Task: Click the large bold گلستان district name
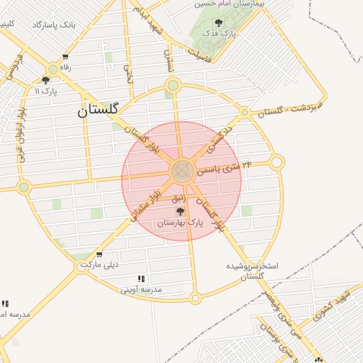click(x=99, y=110)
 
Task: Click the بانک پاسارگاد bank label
click(x=53, y=25)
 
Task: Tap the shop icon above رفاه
click(x=66, y=57)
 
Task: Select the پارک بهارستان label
click(x=179, y=222)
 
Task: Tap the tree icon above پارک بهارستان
click(x=179, y=211)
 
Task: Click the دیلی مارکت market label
click(x=99, y=264)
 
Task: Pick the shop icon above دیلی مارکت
click(x=99, y=255)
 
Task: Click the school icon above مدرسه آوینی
click(x=141, y=279)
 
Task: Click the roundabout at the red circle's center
click(x=181, y=170)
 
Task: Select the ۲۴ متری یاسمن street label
click(x=228, y=167)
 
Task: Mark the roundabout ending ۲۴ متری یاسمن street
click(x=277, y=162)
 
